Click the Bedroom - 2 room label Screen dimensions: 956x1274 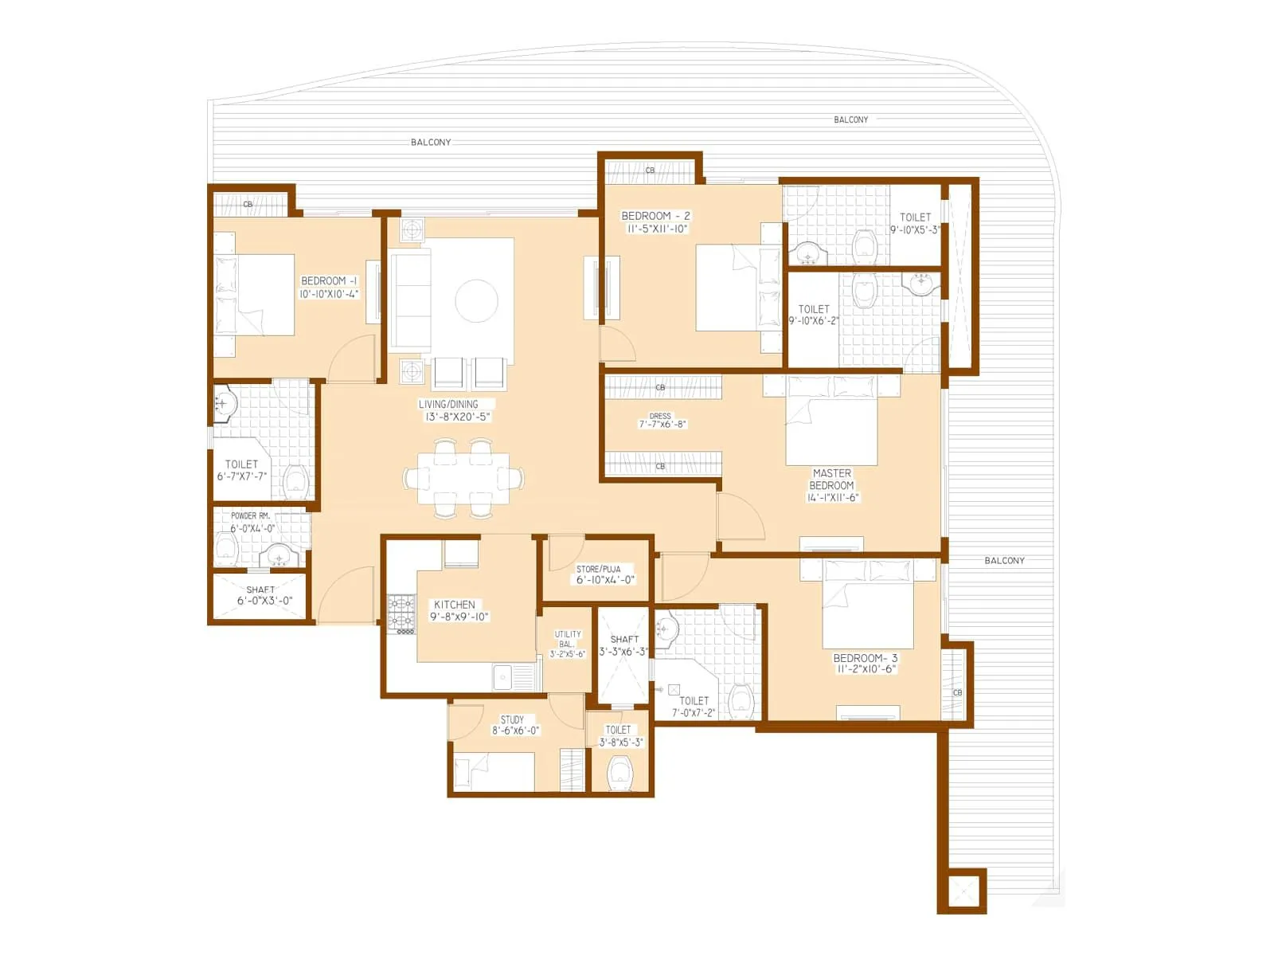(x=655, y=216)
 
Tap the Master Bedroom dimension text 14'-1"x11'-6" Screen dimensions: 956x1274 (x=833, y=498)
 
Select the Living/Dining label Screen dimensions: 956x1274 (x=448, y=404)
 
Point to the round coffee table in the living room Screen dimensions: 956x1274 (x=476, y=301)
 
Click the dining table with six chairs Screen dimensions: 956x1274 (x=463, y=478)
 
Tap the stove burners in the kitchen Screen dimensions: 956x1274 (x=401, y=612)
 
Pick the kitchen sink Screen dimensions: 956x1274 (x=503, y=678)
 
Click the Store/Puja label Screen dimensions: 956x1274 (x=598, y=569)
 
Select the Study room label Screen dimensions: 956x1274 (x=512, y=719)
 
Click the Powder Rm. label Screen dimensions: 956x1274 (x=250, y=515)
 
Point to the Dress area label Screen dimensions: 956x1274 (x=660, y=416)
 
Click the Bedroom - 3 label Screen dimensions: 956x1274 (x=865, y=658)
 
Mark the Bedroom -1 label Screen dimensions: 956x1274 (x=329, y=281)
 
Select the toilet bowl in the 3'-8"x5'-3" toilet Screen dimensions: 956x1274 (x=619, y=772)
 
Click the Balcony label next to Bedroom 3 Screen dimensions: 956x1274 (x=1004, y=561)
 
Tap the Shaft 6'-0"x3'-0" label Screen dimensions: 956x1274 (x=260, y=590)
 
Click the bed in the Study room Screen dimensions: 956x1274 (x=494, y=771)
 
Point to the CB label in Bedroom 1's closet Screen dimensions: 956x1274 (x=248, y=205)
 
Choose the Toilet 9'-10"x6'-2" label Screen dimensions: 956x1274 (x=814, y=309)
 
